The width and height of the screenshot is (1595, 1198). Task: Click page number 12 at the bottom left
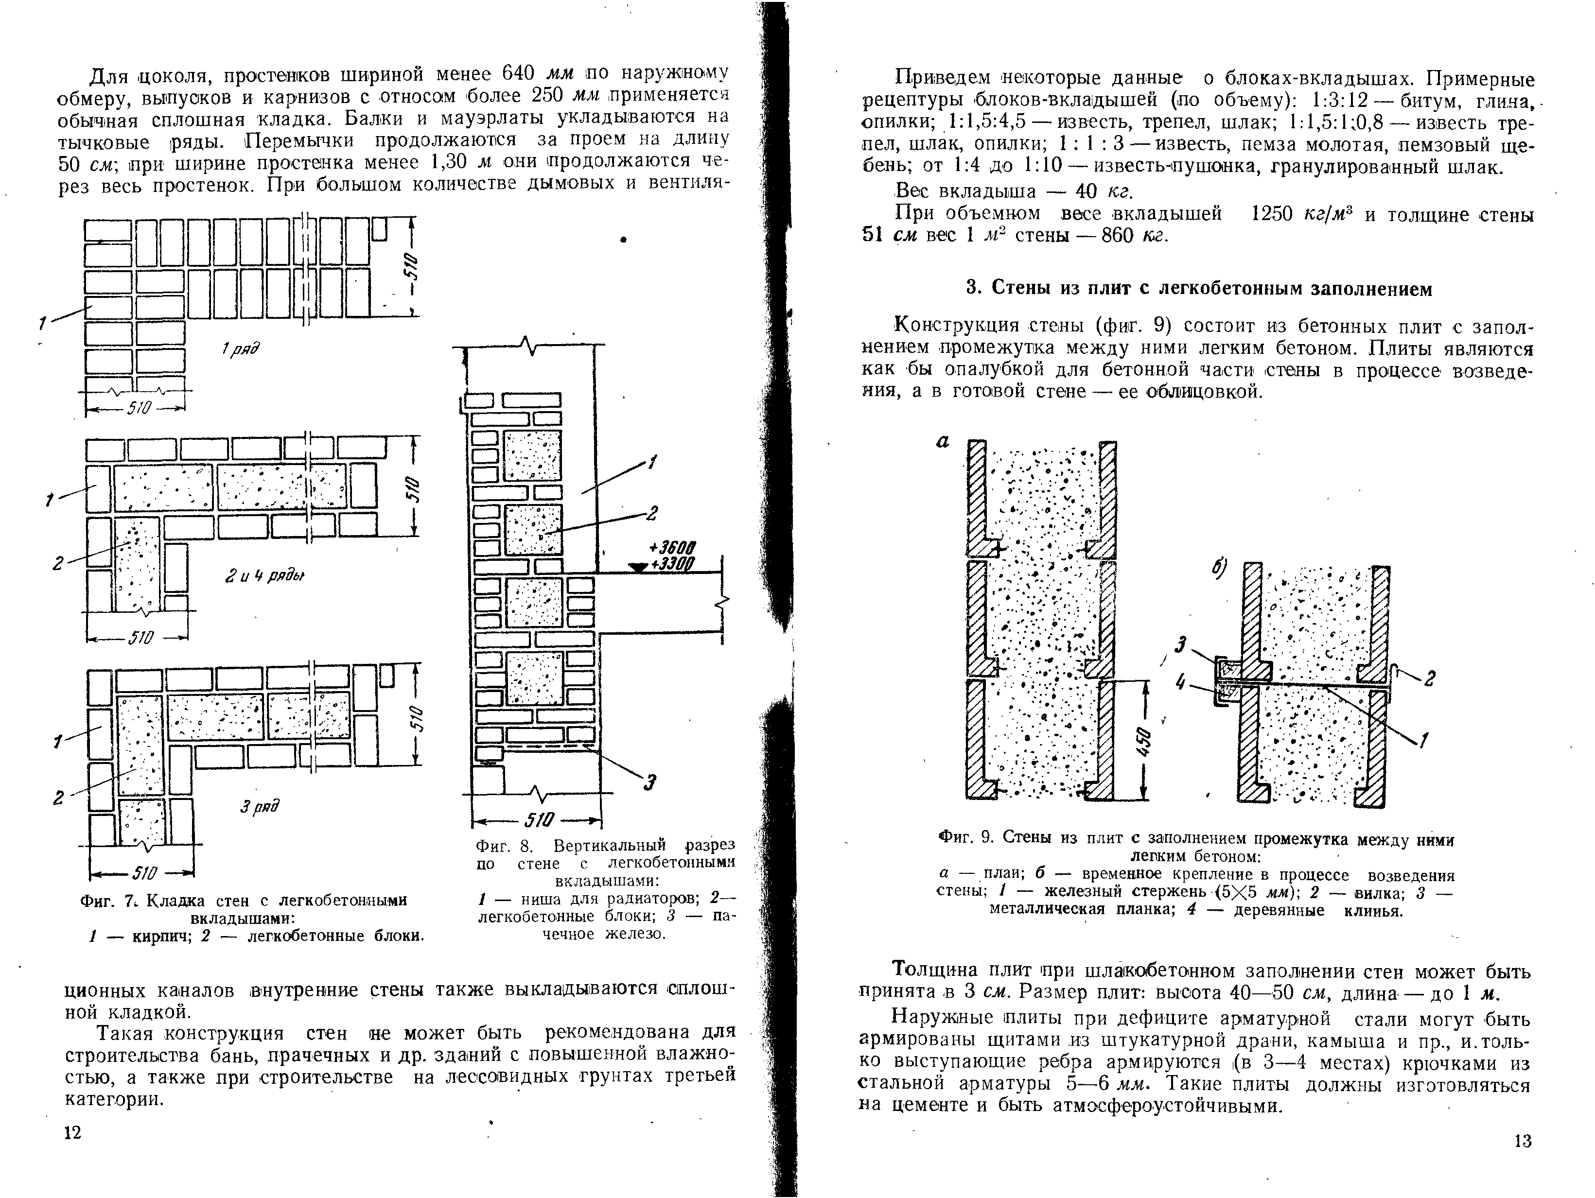73,1132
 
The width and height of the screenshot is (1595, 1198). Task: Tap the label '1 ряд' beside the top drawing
240,349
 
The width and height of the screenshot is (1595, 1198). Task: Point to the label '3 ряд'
259,806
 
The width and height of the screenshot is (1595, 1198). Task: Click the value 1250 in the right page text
1275,214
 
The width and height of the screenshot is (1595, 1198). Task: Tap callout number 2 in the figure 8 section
652,513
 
